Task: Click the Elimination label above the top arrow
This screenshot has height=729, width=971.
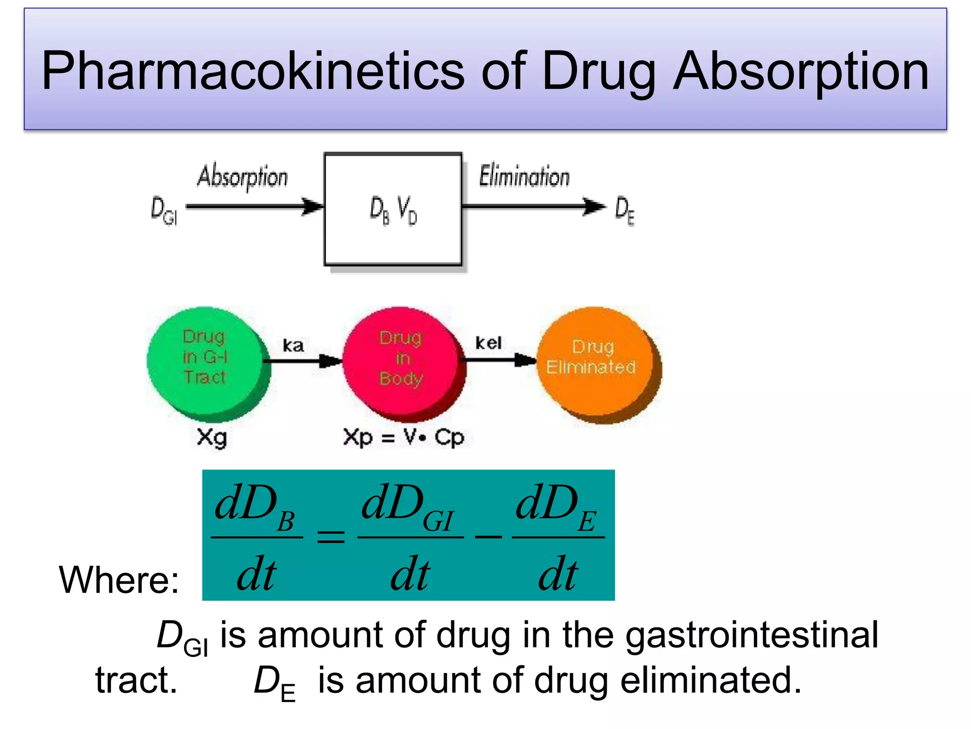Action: pyautogui.click(x=524, y=176)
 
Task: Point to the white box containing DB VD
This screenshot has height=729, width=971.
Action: pyautogui.click(x=393, y=209)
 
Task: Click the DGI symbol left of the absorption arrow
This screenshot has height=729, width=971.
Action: pyautogui.click(x=164, y=210)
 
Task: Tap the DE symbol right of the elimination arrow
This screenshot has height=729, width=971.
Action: pyautogui.click(x=624, y=211)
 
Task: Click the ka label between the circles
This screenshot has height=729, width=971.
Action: pyautogui.click(x=293, y=345)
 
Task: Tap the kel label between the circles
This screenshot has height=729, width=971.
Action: pyautogui.click(x=488, y=343)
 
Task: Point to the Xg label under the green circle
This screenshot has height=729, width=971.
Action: pyautogui.click(x=211, y=437)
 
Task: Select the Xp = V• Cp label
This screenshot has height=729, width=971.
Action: pyautogui.click(x=403, y=437)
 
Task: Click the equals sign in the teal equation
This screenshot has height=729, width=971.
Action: pyautogui.click(x=330, y=537)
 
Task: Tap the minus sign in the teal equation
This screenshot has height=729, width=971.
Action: pyautogui.click(x=488, y=537)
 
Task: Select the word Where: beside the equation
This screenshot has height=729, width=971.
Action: pyautogui.click(x=119, y=579)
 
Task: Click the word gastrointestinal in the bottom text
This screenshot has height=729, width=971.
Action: pyautogui.click(x=752, y=635)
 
